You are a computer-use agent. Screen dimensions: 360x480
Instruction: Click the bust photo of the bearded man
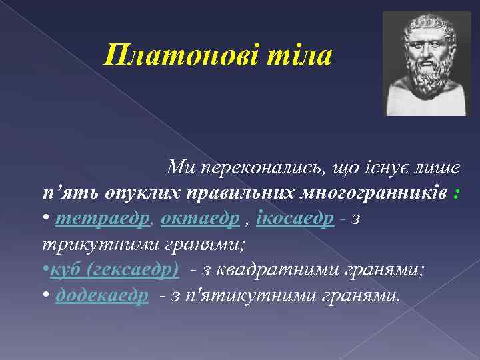coord(426,64)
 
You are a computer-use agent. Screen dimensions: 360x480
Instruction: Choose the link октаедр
coord(200,219)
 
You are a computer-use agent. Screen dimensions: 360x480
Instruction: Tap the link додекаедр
coord(102,295)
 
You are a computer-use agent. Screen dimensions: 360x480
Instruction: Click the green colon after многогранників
coord(455,193)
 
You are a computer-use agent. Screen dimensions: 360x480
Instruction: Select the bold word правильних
coord(239,193)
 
